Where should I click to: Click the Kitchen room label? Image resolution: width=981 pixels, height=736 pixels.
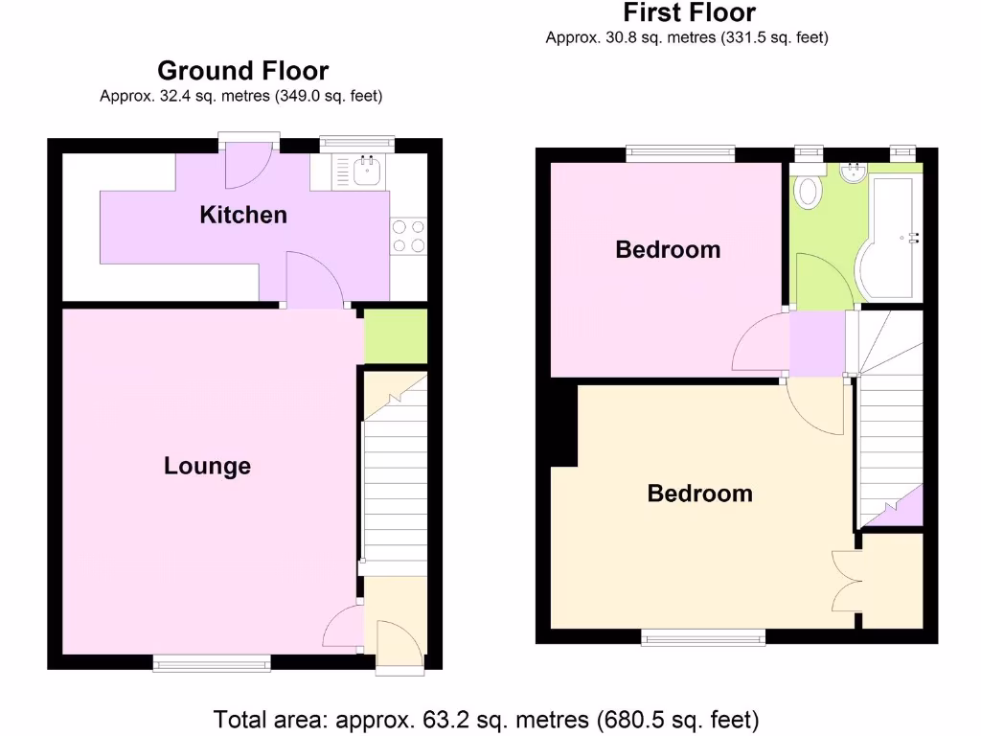[242, 215]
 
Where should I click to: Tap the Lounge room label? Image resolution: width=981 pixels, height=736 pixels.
[207, 466]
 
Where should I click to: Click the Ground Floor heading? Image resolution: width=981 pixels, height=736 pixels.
[242, 71]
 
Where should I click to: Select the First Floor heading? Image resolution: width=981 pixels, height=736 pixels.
[689, 12]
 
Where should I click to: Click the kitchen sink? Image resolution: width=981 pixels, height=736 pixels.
[366, 172]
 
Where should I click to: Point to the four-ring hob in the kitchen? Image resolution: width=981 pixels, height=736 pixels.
[408, 237]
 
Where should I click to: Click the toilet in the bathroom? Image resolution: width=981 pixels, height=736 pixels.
[810, 191]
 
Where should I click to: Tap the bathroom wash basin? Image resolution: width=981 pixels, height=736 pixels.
[852, 173]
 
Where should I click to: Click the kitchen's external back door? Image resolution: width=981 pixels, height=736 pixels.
[246, 165]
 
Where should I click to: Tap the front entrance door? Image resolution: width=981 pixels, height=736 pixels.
[398, 647]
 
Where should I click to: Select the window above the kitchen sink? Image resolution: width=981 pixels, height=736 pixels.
[356, 143]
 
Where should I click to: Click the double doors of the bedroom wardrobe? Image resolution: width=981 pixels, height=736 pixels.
[845, 582]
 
